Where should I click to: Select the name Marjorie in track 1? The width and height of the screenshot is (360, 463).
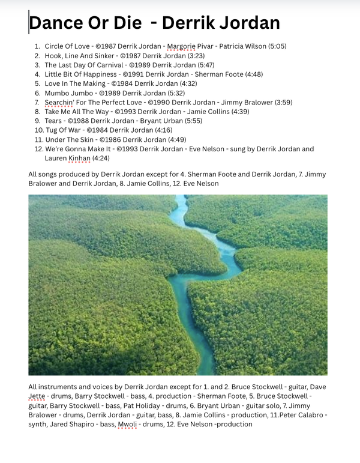coord(181,46)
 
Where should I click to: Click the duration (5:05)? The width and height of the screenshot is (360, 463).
coord(277,46)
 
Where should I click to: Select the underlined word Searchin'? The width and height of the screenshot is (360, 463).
coord(59,102)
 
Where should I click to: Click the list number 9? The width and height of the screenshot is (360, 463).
coord(37,121)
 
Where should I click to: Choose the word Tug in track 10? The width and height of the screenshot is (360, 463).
coord(51,130)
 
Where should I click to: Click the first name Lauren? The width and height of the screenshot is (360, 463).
coord(55,159)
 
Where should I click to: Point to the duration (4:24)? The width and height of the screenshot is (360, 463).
coord(101,159)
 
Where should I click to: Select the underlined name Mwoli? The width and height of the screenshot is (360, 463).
coord(127,425)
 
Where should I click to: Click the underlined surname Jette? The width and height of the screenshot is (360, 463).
coord(37,396)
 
